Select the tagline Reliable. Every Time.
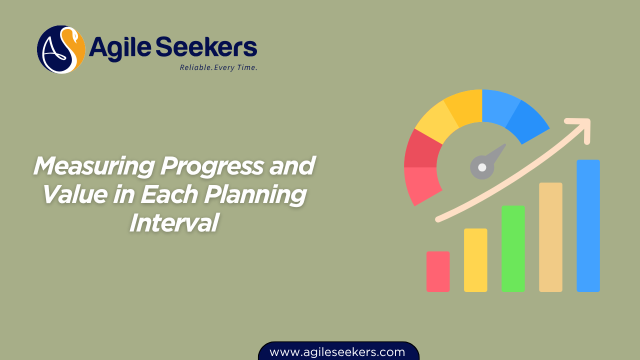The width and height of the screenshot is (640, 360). (x=218, y=67)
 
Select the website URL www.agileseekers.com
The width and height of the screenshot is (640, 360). (x=337, y=352)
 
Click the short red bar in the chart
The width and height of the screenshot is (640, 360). (x=438, y=271)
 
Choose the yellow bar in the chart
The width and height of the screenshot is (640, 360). (x=475, y=260)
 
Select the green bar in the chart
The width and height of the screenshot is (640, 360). (x=513, y=248)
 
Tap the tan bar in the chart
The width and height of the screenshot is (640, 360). (x=550, y=237)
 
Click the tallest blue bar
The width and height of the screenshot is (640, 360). (x=588, y=225)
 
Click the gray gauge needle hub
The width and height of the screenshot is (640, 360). (x=482, y=167)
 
